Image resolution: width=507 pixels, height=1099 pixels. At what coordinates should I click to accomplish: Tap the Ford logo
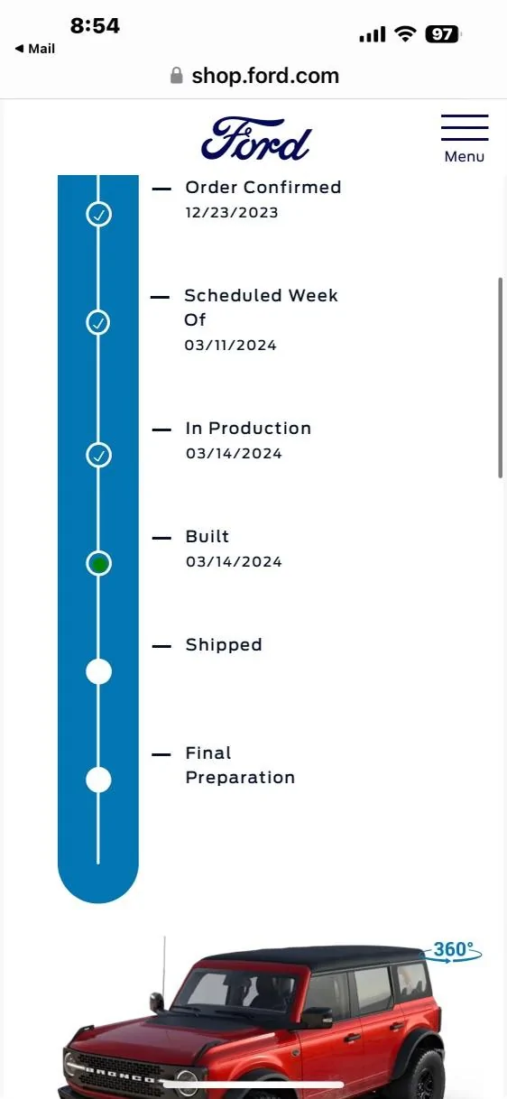click(x=256, y=139)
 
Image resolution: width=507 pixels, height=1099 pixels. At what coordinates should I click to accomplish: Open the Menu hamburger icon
click(x=465, y=127)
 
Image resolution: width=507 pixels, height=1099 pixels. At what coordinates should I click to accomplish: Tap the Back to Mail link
click(x=35, y=49)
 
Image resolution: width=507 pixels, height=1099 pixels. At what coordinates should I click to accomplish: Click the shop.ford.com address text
click(x=265, y=76)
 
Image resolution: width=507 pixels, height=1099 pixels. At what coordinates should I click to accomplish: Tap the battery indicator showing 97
click(x=443, y=34)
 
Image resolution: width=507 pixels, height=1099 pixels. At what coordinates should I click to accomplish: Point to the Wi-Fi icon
click(x=405, y=34)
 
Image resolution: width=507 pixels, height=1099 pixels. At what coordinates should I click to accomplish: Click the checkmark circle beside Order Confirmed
click(x=98, y=215)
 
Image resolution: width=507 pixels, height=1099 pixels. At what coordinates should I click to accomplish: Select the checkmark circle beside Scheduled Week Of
click(x=98, y=322)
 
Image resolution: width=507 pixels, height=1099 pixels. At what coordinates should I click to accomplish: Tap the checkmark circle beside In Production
click(x=98, y=455)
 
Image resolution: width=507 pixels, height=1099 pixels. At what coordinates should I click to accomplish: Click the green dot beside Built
click(x=99, y=564)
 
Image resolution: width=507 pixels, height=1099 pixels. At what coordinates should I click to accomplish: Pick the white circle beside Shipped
click(x=98, y=671)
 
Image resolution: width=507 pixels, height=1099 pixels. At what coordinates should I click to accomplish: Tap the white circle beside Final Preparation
click(x=98, y=780)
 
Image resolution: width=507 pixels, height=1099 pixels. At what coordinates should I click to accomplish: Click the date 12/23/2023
click(x=232, y=212)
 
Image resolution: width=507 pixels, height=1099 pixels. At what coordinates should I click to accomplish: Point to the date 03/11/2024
click(x=230, y=345)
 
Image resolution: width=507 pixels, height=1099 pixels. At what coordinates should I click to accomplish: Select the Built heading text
click(x=207, y=536)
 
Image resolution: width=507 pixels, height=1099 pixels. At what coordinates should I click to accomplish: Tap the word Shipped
click(x=224, y=644)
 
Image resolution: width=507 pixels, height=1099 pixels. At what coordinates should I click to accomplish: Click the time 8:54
click(x=95, y=25)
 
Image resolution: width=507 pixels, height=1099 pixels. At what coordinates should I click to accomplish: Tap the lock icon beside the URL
click(x=177, y=76)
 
